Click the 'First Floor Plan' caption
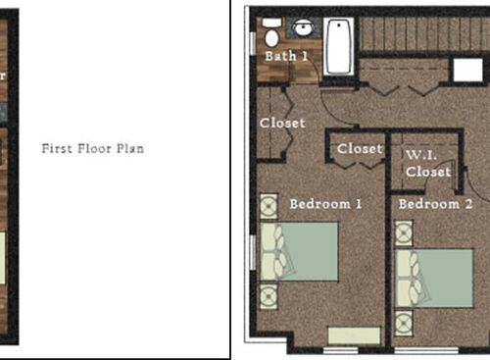point(93,149)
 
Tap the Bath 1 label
point(286,56)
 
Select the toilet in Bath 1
point(271,37)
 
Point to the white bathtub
point(339,45)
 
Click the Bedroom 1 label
point(326,204)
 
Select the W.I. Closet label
point(429,163)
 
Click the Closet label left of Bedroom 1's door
point(282,124)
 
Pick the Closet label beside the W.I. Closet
point(359,149)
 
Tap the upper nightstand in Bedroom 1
point(269,207)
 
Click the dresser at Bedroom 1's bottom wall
point(354,335)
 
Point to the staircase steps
point(421,33)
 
